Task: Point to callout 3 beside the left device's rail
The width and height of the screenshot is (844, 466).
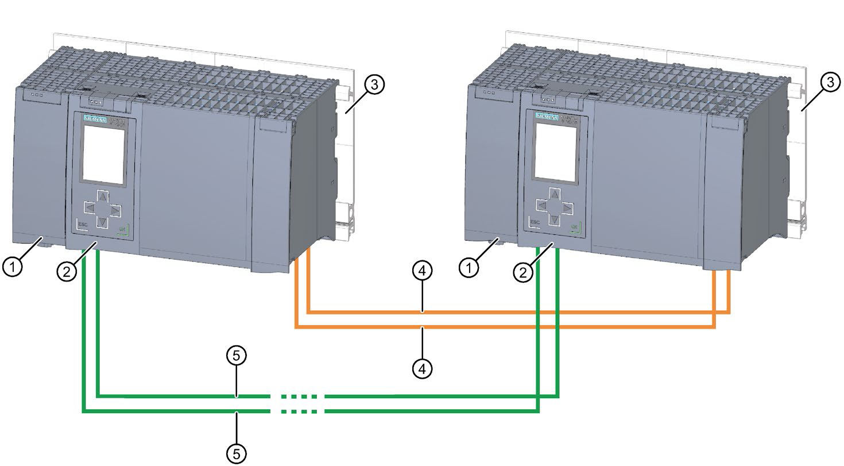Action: (374, 85)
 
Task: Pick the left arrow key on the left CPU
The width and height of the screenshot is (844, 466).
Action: (89, 207)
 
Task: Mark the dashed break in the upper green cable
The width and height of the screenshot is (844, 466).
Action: (297, 396)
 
